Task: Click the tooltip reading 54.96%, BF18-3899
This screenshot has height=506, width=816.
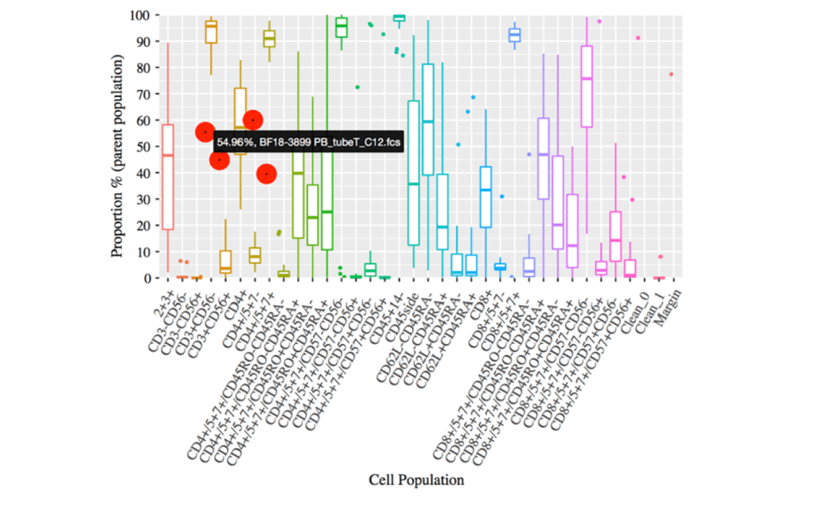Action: coord(309,142)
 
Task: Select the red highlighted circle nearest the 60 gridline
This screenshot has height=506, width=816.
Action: coord(253,120)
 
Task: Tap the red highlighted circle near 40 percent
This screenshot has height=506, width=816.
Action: coord(266,174)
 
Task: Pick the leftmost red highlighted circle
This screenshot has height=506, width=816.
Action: coord(205,132)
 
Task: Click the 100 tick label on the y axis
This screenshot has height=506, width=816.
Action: coord(140,15)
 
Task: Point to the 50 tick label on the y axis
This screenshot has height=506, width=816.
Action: coord(143,147)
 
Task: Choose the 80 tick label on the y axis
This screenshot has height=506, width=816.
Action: coord(143,68)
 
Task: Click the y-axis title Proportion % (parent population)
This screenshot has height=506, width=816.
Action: coord(117,155)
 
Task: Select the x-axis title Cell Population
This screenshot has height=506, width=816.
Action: coord(416,480)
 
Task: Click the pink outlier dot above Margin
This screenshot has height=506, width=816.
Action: coord(671,74)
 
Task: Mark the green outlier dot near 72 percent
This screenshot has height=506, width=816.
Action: coord(357,87)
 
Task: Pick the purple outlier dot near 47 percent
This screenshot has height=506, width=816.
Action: coord(529,154)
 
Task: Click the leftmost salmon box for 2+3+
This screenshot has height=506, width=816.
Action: coord(168,177)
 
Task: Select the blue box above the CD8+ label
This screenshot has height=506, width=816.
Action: coord(486,197)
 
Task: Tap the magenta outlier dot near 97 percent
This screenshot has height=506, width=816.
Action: coord(599,22)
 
